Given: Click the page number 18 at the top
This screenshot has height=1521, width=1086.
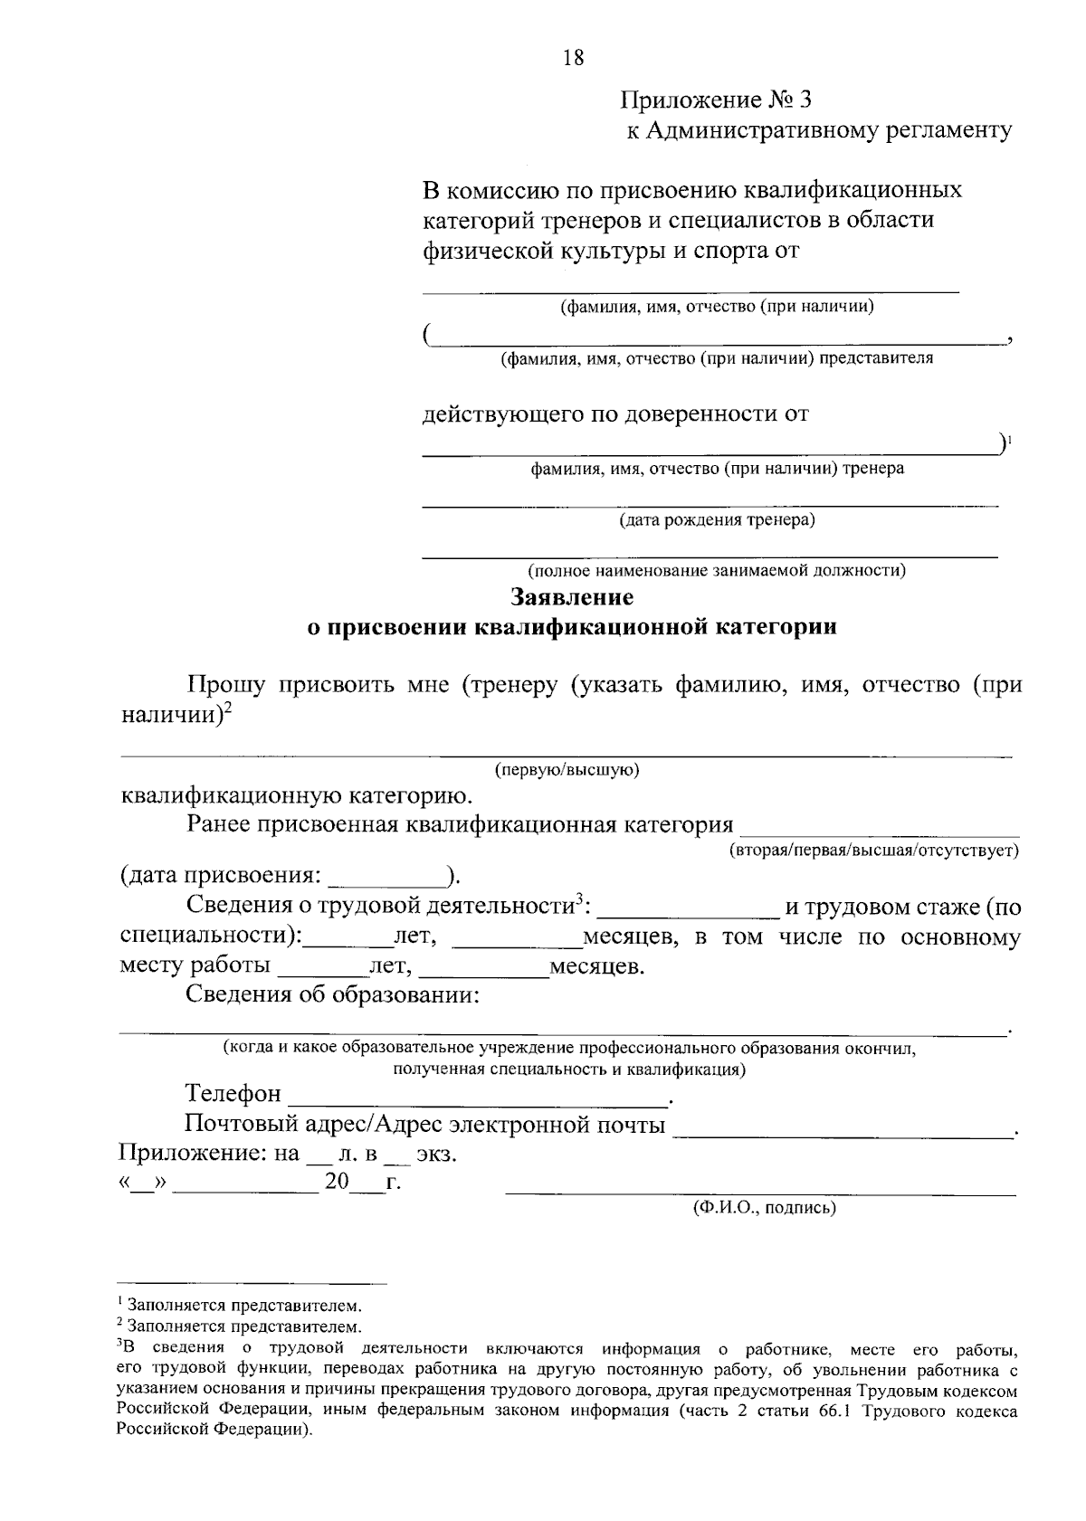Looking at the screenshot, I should point(573,59).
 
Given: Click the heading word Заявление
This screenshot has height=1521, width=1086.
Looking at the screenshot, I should point(572,597).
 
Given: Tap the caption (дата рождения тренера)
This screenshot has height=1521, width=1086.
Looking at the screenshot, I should point(717,520).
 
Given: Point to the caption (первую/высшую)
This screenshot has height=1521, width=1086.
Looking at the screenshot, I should point(567,770).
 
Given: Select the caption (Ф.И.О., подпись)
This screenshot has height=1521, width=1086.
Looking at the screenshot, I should point(764,1208).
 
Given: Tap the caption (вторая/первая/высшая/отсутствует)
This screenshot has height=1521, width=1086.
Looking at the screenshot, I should point(874,851).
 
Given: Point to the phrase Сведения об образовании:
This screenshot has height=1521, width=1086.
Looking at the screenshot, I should point(332,995).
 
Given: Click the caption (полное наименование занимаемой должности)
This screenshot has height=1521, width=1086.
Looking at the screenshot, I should point(717,571).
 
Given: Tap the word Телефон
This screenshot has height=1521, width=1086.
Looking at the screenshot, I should point(233,1094).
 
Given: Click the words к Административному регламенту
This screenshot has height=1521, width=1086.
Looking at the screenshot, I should point(819,130).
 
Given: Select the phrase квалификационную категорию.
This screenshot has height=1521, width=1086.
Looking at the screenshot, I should point(296,796).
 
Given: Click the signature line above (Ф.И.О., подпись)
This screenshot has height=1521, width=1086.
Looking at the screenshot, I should point(760,1193).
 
